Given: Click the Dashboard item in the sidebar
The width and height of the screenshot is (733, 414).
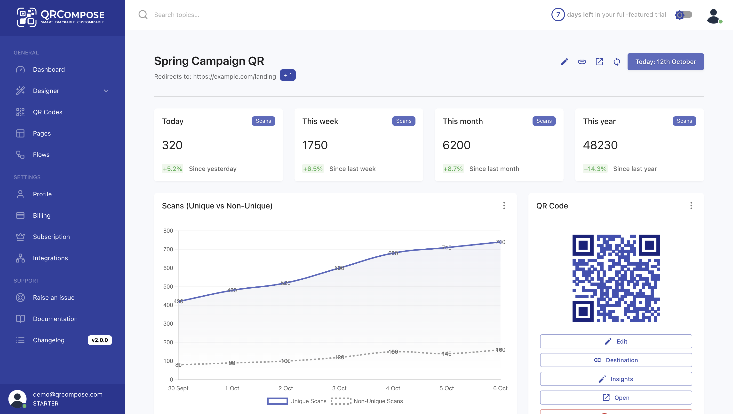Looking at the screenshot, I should (x=49, y=69).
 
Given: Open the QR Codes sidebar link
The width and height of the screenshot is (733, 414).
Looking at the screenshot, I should (x=47, y=112).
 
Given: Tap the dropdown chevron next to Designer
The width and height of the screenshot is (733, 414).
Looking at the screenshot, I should (x=106, y=91).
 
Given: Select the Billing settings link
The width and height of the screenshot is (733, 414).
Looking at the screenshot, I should (x=41, y=215).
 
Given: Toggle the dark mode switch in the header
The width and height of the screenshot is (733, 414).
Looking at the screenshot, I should (x=684, y=15).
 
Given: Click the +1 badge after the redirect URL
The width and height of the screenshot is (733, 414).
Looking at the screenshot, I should (x=287, y=75).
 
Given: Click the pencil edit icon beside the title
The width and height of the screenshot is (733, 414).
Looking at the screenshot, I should (x=564, y=62).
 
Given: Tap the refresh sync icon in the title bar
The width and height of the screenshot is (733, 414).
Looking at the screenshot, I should (x=617, y=62).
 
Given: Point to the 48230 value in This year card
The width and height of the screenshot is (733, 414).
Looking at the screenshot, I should (x=600, y=145).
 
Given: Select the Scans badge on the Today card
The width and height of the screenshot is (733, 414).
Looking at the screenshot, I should (x=263, y=121).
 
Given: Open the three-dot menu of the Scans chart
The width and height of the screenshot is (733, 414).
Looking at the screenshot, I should (x=504, y=206).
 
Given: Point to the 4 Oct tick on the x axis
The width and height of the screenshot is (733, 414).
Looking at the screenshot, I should (x=393, y=388).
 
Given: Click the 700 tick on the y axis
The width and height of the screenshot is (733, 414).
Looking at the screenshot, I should (x=168, y=249).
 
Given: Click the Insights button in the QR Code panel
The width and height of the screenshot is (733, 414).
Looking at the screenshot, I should (x=616, y=379).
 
